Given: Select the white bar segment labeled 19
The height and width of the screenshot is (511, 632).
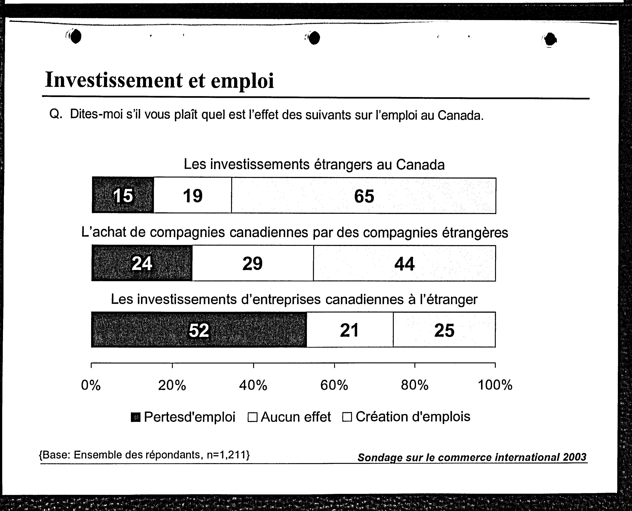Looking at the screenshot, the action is (193, 195).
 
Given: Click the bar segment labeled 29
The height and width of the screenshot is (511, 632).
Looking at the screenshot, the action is (253, 263).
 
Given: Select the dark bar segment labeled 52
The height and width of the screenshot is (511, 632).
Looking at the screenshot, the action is (199, 329).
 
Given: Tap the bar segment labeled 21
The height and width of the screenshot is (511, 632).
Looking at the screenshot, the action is (350, 330).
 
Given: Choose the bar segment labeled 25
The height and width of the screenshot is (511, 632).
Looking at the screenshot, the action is (444, 330).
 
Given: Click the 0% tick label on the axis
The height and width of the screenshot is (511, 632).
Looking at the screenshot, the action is (91, 385).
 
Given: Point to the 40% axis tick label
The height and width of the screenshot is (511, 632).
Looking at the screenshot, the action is (253, 385).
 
